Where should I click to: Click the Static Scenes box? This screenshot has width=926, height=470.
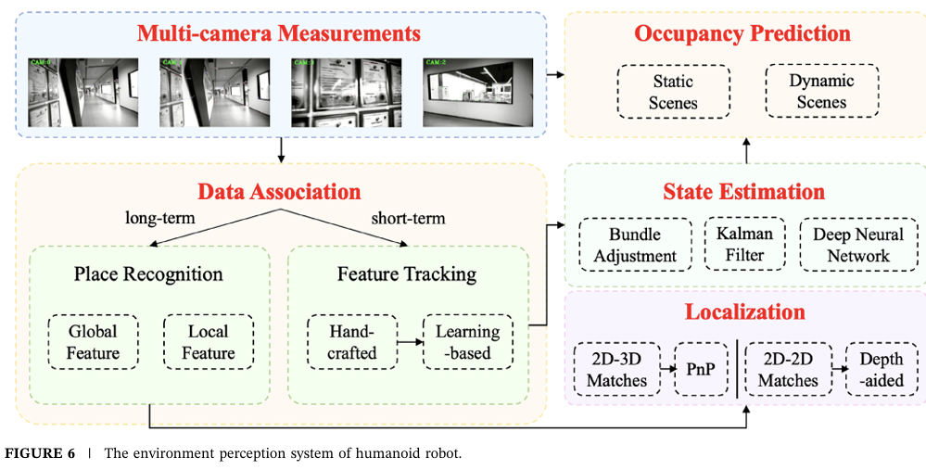pyautogui.click(x=673, y=91)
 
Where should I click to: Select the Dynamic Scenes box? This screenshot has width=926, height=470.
pyautogui.click(x=821, y=91)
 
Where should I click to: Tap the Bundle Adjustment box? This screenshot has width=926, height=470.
pyautogui.click(x=635, y=245)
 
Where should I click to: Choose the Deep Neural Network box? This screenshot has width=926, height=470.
pyautogui.click(x=857, y=245)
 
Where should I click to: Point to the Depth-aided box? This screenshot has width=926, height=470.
pyautogui.click(x=881, y=369)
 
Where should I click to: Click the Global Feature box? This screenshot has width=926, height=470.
pyautogui.click(x=94, y=341)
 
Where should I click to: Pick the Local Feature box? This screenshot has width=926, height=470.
pyautogui.click(x=209, y=341)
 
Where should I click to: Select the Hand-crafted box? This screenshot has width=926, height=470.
pyautogui.click(x=352, y=341)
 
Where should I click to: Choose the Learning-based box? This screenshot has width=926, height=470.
pyautogui.click(x=467, y=341)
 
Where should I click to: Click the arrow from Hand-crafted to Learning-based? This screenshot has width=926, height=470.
pyautogui.click(x=410, y=341)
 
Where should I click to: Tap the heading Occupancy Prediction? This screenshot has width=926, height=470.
pyautogui.click(x=742, y=33)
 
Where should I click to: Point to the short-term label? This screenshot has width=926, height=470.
pyautogui.click(x=408, y=219)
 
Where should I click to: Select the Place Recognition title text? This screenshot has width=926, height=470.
pyautogui.click(x=148, y=273)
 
